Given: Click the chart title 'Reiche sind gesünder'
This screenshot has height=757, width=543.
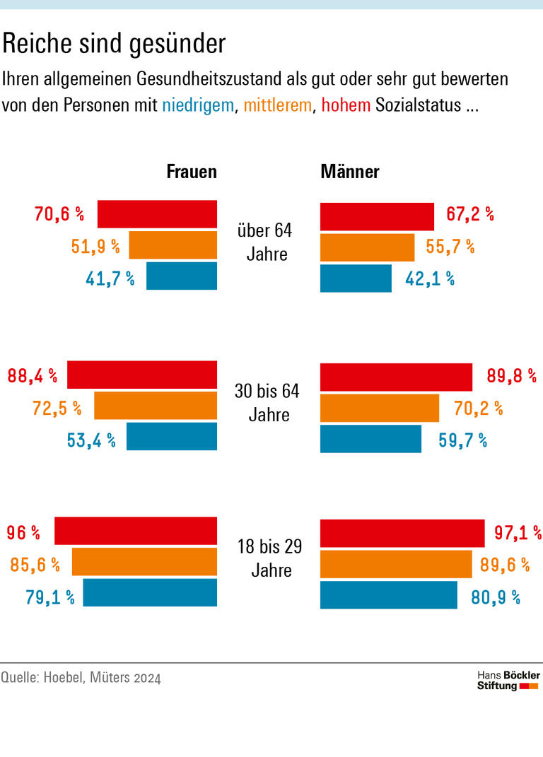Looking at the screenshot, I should point(114,45).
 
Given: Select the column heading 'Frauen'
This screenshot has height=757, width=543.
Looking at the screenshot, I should point(191,172).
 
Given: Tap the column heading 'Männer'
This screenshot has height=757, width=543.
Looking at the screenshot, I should point(350,172).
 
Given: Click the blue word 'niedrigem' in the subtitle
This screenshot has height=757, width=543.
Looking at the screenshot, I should point(197,106).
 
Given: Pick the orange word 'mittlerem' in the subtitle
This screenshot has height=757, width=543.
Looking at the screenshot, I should point(277,106).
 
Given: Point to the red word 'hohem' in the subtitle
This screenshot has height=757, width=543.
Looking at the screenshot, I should point(346,106).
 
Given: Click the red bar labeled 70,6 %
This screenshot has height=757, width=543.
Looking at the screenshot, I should point(157,214).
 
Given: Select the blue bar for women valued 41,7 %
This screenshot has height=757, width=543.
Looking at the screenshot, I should point(182,276).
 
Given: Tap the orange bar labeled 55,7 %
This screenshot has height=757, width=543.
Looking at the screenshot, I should point(367,247).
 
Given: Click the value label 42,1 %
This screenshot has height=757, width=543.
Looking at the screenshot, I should point(430,278).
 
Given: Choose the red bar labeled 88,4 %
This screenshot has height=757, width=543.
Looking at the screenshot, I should point(142,375).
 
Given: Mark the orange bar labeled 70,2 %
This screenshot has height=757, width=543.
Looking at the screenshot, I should point(380,408).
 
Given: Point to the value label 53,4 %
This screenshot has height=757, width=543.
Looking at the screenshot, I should point(91,440).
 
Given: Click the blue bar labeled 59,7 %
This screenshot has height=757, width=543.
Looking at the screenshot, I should point(370,438).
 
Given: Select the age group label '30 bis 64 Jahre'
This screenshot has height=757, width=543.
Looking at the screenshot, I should point(267,402).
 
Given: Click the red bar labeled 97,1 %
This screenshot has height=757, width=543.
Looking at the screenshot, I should point(402,532).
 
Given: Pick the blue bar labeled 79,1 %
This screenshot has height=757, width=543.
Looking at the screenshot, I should point(150,592).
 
